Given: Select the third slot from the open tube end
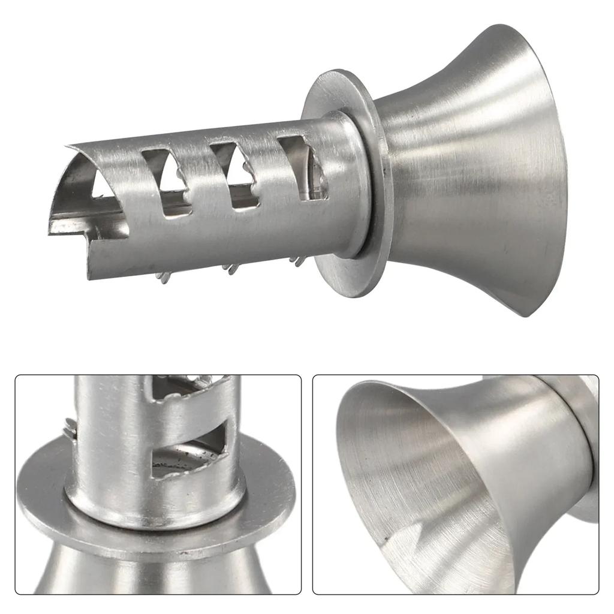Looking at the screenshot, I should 235,174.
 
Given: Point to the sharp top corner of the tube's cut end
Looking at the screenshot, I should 71,146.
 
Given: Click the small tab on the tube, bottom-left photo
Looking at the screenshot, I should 70,427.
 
